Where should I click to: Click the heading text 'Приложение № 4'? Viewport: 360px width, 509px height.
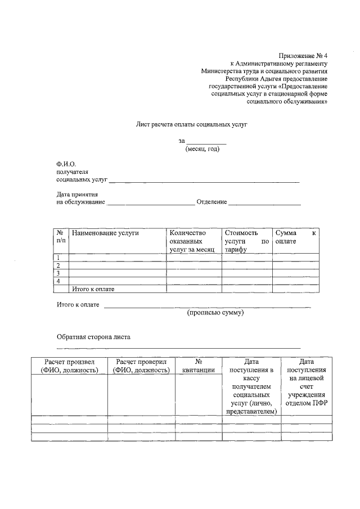(303, 56)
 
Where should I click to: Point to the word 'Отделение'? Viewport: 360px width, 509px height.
(212, 202)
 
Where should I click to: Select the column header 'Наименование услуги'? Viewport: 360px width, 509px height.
(105, 233)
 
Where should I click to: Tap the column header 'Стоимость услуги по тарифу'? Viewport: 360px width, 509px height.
(246, 241)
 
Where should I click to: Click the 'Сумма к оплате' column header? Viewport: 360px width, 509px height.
(295, 237)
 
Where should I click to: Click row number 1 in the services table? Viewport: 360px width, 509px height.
(58, 258)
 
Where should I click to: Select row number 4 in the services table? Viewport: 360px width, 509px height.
(58, 281)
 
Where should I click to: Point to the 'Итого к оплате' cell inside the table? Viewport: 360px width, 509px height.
(93, 289)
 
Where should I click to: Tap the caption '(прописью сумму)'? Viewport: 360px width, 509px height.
(215, 313)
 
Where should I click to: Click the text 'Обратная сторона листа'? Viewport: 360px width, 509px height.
(93, 337)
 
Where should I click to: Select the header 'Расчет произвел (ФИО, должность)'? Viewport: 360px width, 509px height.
(69, 366)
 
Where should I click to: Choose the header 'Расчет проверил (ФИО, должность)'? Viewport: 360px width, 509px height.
(141, 366)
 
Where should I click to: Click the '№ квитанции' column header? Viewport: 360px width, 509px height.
(198, 366)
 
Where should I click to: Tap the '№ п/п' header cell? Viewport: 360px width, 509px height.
(61, 237)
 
